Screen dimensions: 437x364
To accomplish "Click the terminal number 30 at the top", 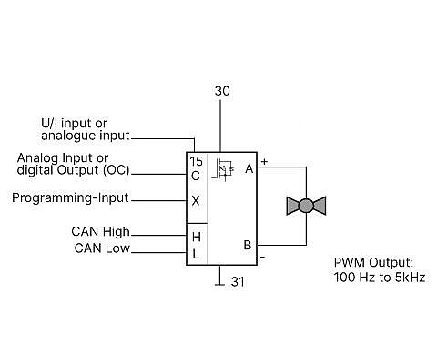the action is point(222,91).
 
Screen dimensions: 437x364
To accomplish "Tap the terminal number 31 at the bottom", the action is point(238,282).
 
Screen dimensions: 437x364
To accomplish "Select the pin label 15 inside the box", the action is point(197,161).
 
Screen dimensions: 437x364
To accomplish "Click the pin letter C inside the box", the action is point(196,176).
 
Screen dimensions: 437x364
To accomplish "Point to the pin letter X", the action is point(196,200).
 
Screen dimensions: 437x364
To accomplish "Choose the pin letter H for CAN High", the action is point(197,237).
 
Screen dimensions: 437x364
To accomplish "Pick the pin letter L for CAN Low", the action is point(196,254).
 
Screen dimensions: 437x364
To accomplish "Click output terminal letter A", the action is point(249,168).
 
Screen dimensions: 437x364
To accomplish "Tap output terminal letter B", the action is point(248,245).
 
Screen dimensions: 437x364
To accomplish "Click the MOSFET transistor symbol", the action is point(223,169).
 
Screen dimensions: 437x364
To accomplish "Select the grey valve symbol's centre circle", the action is point(306,206).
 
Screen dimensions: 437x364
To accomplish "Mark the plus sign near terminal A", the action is point(265,162).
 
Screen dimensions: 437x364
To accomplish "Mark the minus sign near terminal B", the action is point(263,258).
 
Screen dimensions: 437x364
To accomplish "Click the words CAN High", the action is point(100,232).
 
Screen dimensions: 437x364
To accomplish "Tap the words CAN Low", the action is point(102,248).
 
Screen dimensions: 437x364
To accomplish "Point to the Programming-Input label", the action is point(70,197).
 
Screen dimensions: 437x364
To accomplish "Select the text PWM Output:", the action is point(373,262).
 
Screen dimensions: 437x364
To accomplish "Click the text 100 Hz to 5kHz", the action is point(380,278).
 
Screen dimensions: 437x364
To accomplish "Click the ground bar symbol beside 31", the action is point(219,285).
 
